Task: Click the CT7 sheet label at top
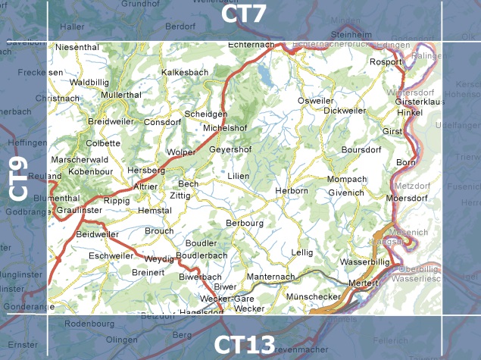(244, 15)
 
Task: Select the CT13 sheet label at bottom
(244, 345)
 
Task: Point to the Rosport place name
(384, 62)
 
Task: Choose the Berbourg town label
(245, 223)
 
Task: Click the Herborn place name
(292, 190)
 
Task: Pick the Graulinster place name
(80, 210)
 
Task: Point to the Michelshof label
(226, 127)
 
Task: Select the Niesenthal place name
(78, 47)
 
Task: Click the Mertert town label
(363, 283)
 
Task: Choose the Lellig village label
(301, 252)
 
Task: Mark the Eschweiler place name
(111, 256)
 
